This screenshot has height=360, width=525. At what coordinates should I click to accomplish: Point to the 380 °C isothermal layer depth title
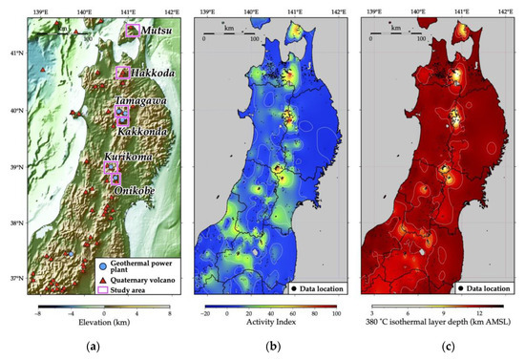(438, 323)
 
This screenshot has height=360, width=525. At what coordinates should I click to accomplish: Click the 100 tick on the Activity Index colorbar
(336, 311)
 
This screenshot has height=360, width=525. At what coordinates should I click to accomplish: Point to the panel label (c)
(438, 349)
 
